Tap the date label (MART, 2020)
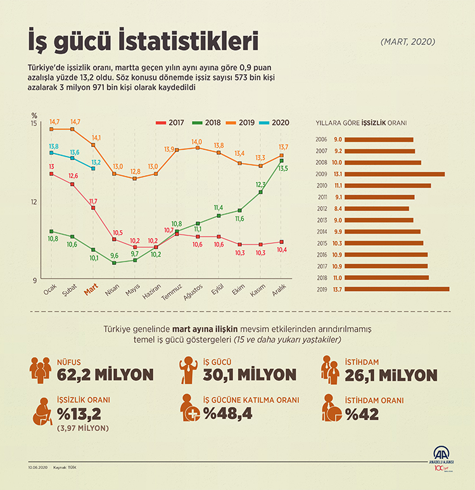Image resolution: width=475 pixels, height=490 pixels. pos(408,42)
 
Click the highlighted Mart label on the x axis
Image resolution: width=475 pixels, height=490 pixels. pos(92,289)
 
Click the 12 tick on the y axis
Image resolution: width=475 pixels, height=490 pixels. pos(34,202)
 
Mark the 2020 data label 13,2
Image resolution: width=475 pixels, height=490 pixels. pos(96,162)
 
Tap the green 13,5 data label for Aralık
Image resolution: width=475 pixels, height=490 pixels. pos(282,169)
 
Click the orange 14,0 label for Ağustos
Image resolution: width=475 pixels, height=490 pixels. pos(197,141)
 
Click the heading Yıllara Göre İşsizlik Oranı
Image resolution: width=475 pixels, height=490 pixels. pos(360,123)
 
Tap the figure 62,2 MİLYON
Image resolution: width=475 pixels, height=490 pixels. pos(105,375)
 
